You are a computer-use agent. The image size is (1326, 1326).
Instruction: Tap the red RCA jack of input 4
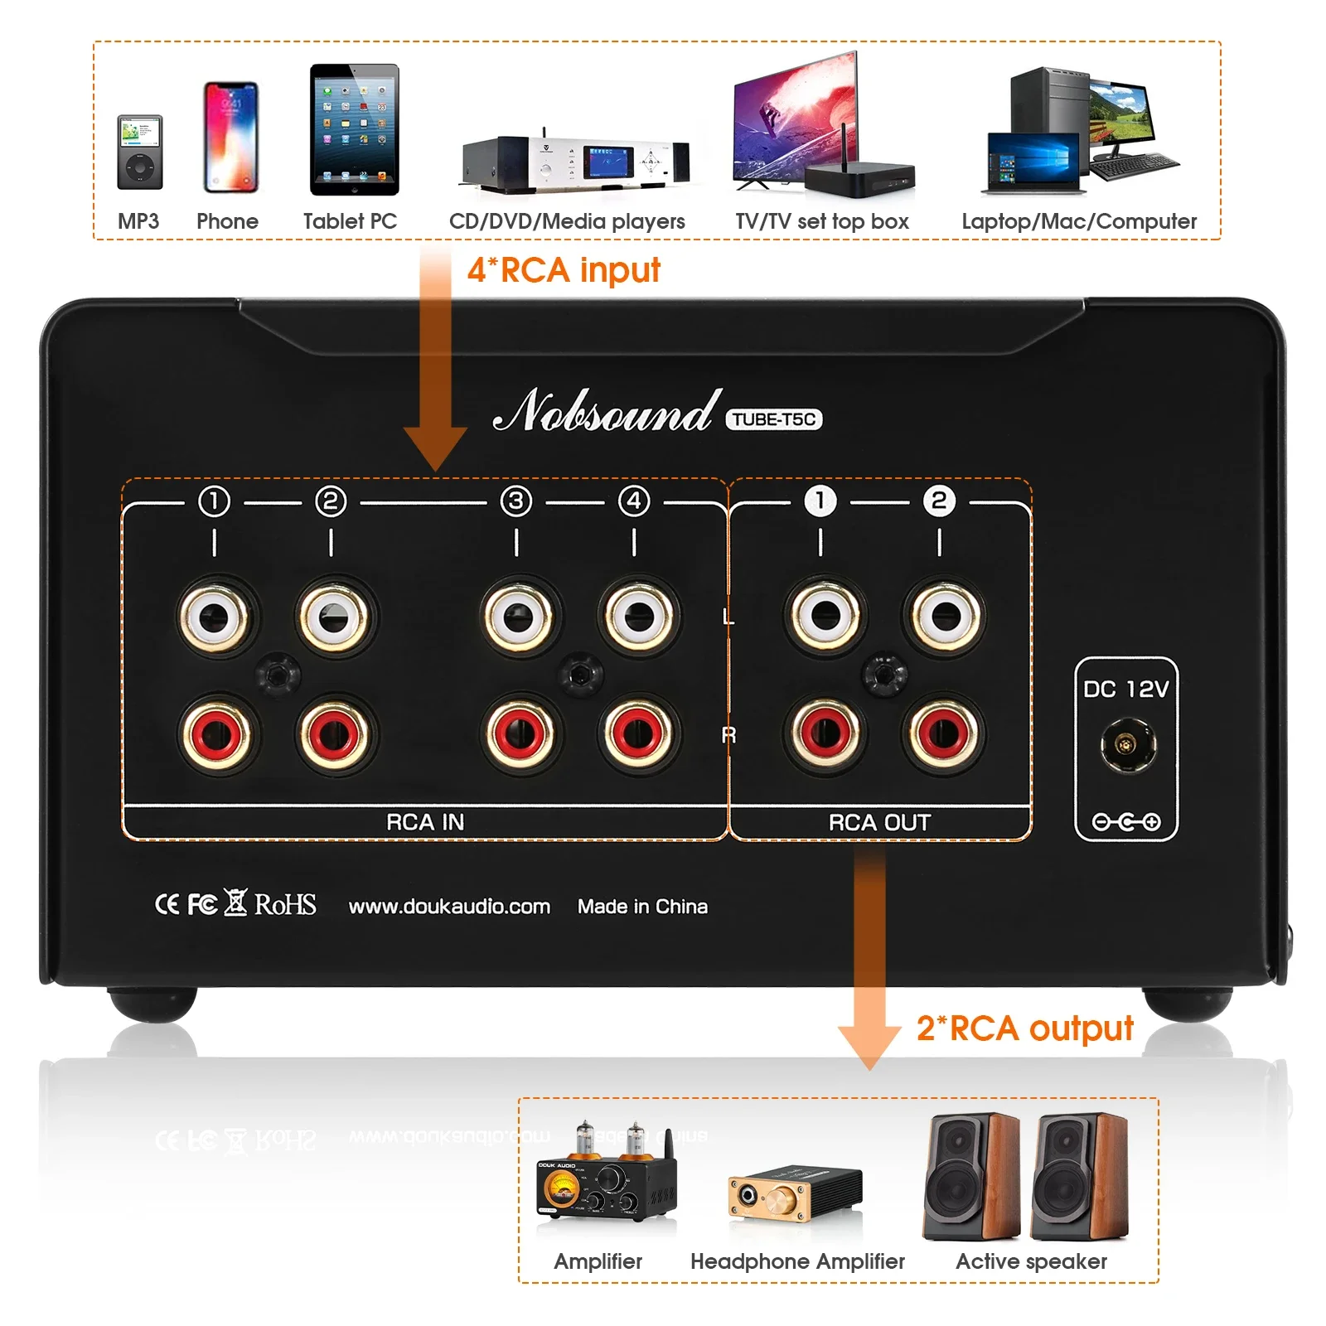click(638, 733)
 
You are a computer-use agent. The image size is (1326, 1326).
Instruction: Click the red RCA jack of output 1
click(825, 733)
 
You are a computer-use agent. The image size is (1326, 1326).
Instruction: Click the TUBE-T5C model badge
click(774, 419)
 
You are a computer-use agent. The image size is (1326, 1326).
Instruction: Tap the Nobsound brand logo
click(605, 412)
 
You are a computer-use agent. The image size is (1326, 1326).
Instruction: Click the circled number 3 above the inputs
click(516, 501)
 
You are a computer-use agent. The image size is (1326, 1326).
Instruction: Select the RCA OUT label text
click(879, 822)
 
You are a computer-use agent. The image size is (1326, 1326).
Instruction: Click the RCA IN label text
click(425, 822)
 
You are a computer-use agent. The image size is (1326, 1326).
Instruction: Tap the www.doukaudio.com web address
click(449, 907)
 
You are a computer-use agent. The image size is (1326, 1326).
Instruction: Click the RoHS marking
click(285, 904)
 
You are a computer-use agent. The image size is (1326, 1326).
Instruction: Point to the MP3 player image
click(139, 152)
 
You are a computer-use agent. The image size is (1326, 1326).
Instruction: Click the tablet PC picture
click(354, 130)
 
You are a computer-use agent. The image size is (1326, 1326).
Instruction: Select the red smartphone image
click(230, 138)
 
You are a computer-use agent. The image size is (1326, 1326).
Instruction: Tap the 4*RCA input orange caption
click(564, 270)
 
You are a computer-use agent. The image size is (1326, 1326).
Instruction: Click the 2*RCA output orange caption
click(1024, 1028)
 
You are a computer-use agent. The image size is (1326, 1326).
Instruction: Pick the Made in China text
click(642, 907)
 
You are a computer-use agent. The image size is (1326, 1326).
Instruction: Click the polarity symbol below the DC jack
click(1125, 822)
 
